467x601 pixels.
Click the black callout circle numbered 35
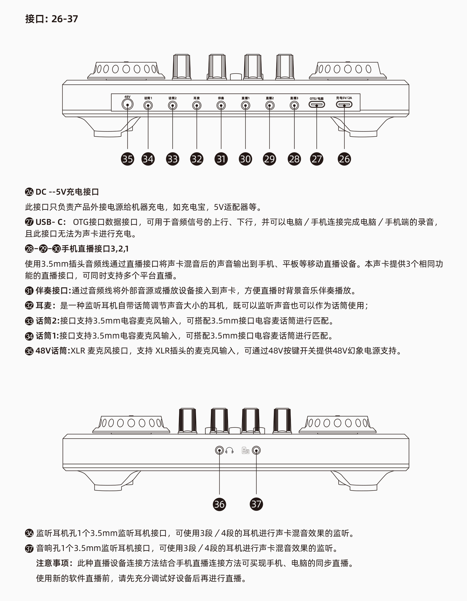tap(128, 159)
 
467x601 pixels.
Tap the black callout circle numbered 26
tap(344, 159)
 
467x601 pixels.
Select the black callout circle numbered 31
tap(221, 159)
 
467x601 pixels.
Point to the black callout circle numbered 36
tap(219, 504)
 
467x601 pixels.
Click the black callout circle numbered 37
tap(256, 504)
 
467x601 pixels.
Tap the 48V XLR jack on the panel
tap(128, 105)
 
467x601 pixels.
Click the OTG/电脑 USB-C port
tap(317, 105)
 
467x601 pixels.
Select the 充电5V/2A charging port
tap(344, 105)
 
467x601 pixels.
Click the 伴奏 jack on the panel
tap(221, 105)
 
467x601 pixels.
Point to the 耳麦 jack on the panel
tap(197, 105)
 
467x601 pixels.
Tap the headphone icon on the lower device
tap(229, 451)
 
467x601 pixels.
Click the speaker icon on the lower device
tap(245, 451)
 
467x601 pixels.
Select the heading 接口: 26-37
tap(52, 19)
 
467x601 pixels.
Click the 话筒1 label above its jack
tap(148, 98)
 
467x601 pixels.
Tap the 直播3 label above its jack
tap(294, 98)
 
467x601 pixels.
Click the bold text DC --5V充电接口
tap(67, 192)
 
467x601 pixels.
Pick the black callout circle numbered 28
tap(294, 159)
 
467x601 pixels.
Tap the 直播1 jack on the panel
tap(245, 105)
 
